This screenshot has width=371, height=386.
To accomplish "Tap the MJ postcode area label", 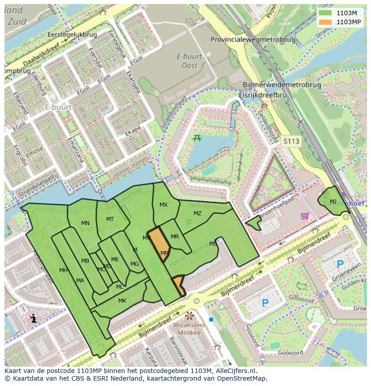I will (333, 202).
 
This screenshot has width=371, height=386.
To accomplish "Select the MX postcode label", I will (164, 205).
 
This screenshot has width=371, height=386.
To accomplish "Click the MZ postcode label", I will (198, 213).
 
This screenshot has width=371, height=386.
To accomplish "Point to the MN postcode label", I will (85, 223).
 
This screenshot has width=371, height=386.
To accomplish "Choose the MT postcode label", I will (110, 219).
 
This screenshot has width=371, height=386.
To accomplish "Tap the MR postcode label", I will (175, 237).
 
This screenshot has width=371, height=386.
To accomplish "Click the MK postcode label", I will (122, 301).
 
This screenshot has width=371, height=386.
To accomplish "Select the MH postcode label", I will (63, 270).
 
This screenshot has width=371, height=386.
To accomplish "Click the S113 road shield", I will (291, 141).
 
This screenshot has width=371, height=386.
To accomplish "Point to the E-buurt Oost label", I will (189, 61).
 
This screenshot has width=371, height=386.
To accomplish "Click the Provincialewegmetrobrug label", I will (253, 39).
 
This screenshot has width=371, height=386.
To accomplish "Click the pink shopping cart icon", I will (305, 216).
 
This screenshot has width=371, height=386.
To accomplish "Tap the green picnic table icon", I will (197, 138).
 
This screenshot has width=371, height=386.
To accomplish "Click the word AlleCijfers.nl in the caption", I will (235, 371).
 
